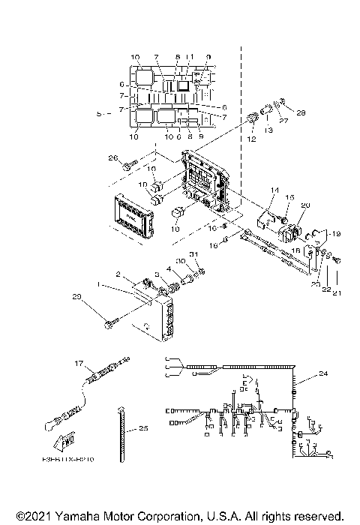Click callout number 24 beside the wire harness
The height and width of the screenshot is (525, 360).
pyautogui.click(x=324, y=373)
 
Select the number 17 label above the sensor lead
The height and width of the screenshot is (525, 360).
pyautogui.click(x=77, y=362)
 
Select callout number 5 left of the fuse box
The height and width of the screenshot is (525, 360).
pyautogui.click(x=100, y=114)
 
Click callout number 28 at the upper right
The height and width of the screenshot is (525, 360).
pyautogui.click(x=302, y=112)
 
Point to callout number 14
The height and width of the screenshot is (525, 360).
pyautogui.click(x=274, y=191)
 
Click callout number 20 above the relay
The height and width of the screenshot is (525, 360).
pyautogui.click(x=305, y=205)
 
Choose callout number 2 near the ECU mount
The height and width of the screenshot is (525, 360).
pyautogui.click(x=117, y=275)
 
